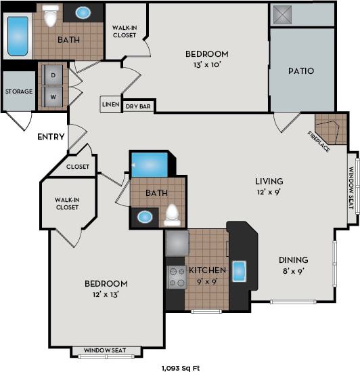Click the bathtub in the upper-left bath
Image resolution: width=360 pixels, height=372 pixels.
[x=18, y=35]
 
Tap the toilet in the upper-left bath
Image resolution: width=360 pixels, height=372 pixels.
[x=51, y=16]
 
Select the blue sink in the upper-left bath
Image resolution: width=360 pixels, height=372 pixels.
[x=84, y=12]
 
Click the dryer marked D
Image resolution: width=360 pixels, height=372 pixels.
[x=53, y=74]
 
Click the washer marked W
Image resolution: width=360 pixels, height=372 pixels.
[x=53, y=96]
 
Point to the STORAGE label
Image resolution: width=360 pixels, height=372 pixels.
[x=18, y=91]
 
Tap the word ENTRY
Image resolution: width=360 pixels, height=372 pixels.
[x=51, y=137]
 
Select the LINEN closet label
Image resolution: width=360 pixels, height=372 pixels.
[x=110, y=105]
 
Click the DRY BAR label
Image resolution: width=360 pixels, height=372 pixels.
[x=139, y=106]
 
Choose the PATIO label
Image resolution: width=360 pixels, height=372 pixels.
[x=301, y=70]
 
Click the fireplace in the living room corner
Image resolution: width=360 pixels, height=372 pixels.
[x=331, y=130]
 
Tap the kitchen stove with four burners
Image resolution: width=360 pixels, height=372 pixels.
[x=177, y=277]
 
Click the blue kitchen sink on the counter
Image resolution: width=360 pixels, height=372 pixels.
[x=240, y=270]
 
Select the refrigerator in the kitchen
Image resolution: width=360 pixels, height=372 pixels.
[x=177, y=243]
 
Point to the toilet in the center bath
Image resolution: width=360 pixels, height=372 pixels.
[x=172, y=214]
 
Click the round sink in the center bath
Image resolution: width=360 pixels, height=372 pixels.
[x=144, y=218]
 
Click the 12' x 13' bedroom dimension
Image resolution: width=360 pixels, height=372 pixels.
[x=106, y=295]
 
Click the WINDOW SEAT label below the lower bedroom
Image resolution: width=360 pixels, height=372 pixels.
[x=107, y=351]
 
